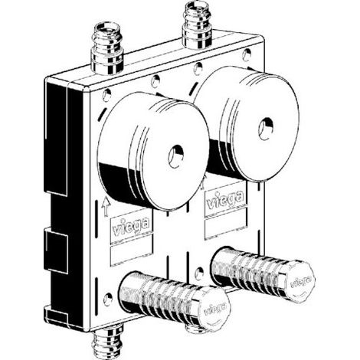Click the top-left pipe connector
(x=107, y=47)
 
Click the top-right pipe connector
(x=198, y=25)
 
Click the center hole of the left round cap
(x=176, y=156)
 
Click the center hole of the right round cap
(x=266, y=129)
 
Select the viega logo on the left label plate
(x=131, y=226)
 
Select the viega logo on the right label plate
(x=224, y=198)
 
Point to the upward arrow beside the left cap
(x=106, y=207)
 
